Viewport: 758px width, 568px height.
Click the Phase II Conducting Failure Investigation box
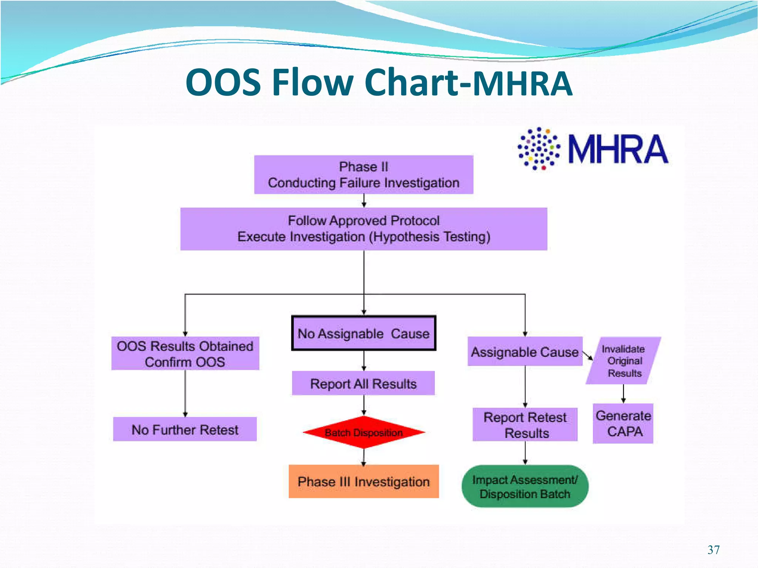[x=363, y=175]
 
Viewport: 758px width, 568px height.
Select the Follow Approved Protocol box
[x=363, y=229]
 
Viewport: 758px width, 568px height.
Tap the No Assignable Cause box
[x=363, y=333]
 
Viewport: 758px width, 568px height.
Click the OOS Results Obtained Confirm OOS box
[x=185, y=353]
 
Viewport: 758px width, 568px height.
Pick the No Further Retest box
[x=185, y=429]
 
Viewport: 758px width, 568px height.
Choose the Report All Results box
[x=363, y=383]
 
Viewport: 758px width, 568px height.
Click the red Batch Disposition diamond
[x=363, y=432]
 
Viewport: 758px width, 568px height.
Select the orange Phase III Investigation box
[x=363, y=481]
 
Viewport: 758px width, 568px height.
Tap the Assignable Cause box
[x=524, y=352]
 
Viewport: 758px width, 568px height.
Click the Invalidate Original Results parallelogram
[x=624, y=360]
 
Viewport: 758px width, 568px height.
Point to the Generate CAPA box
[x=623, y=423]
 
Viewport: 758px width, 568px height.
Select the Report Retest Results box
[x=525, y=425]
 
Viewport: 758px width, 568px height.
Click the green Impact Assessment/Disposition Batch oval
[x=525, y=486]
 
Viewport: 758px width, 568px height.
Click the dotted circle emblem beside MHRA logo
[x=539, y=148]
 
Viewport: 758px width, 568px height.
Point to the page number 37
[x=713, y=550]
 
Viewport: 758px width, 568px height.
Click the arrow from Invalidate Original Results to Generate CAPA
[x=623, y=394]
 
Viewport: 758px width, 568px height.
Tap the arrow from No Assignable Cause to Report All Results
[x=364, y=360]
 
